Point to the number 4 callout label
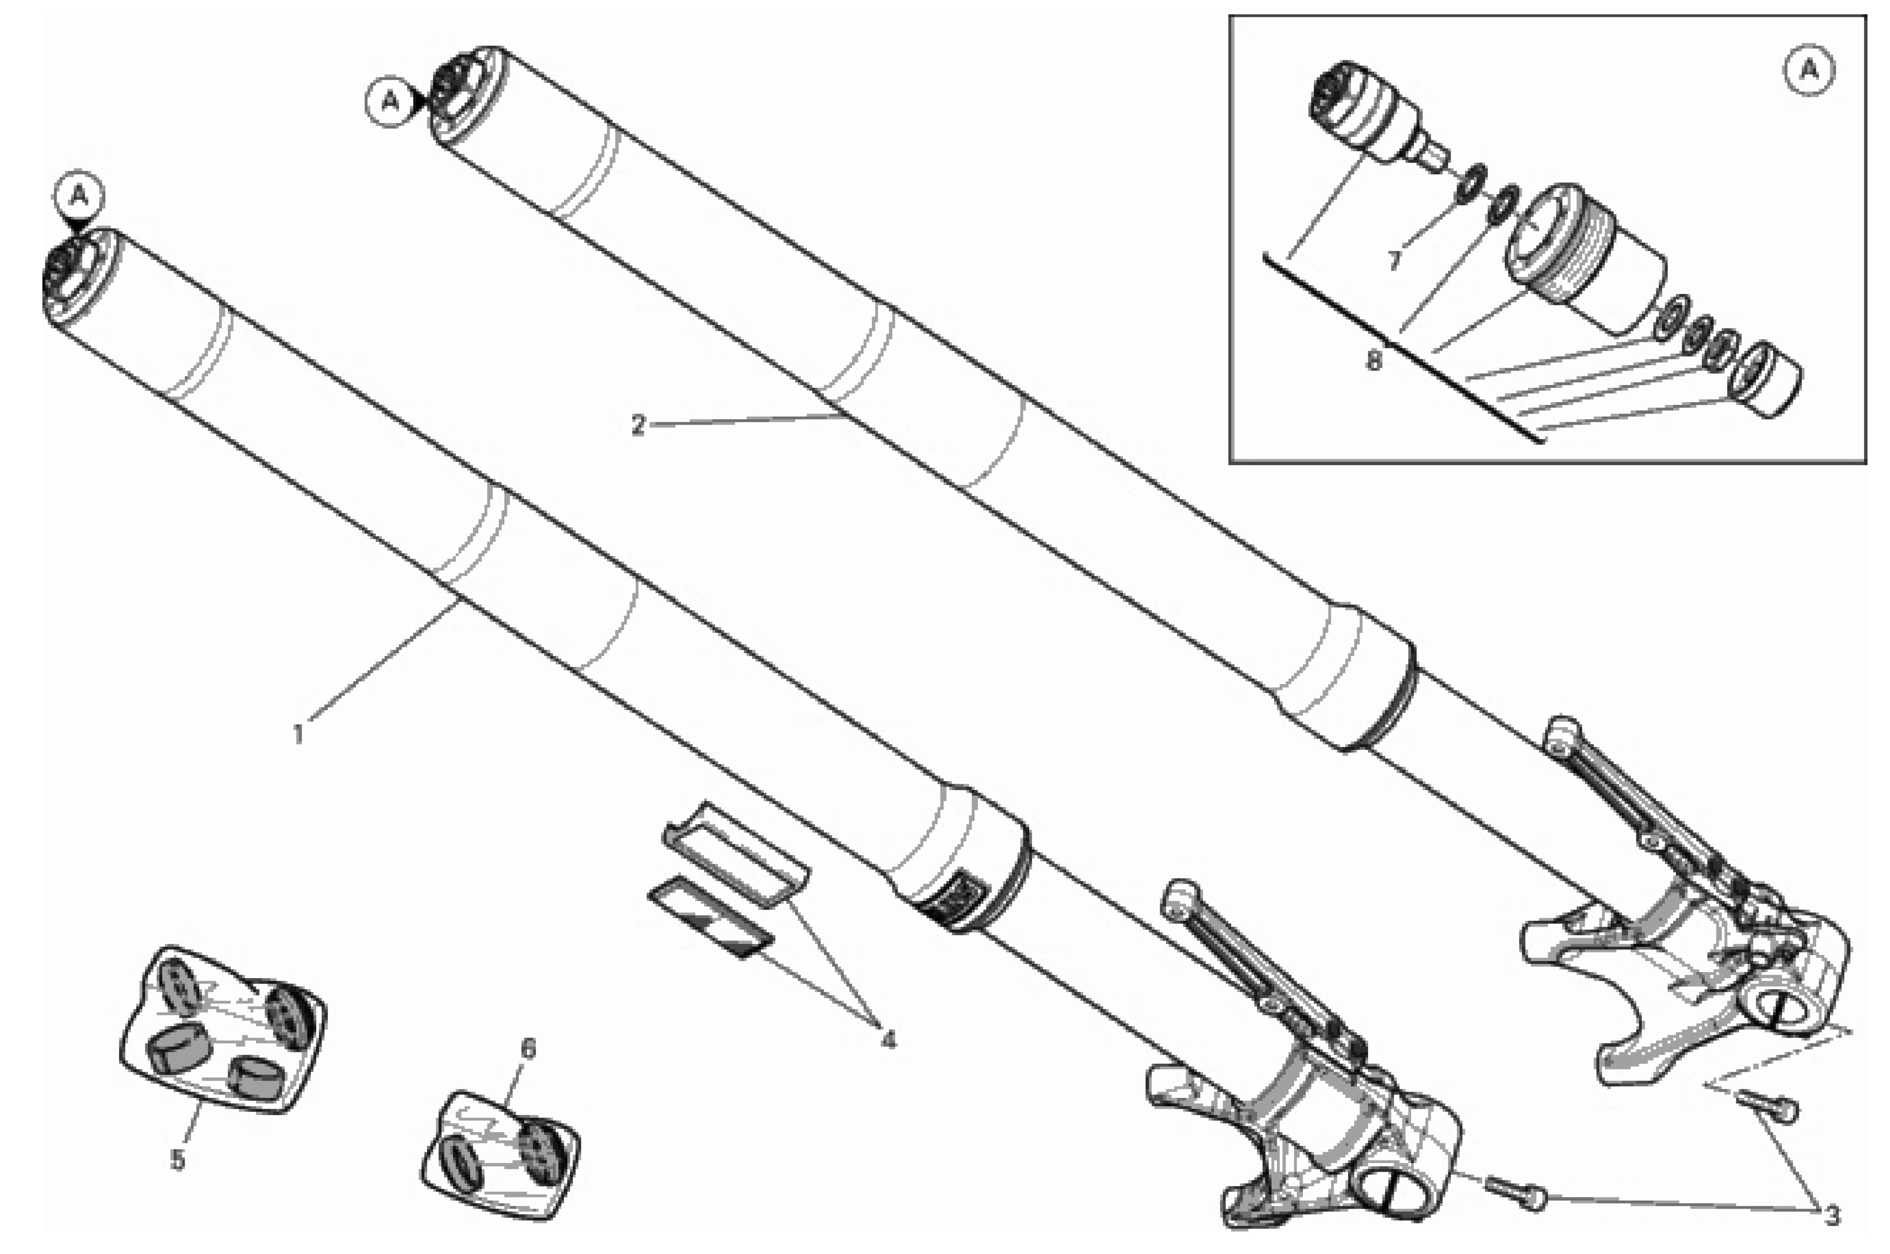[x=888, y=1040]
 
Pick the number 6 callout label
[x=528, y=1048]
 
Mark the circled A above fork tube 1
[x=78, y=195]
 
